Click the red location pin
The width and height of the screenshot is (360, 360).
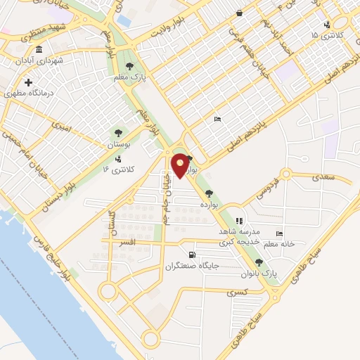tap(181, 165)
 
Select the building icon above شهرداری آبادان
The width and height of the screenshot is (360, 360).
tap(38, 49)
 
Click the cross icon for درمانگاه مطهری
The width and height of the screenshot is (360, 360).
tap(28, 83)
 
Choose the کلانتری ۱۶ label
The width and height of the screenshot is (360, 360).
tap(127, 169)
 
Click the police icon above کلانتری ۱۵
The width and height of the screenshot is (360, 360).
tap(327, 25)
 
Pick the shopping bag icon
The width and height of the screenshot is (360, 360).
tap(240, 13)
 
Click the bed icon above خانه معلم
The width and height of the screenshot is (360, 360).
tap(280, 233)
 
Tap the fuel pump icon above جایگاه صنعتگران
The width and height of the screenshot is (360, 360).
tap(192, 255)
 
